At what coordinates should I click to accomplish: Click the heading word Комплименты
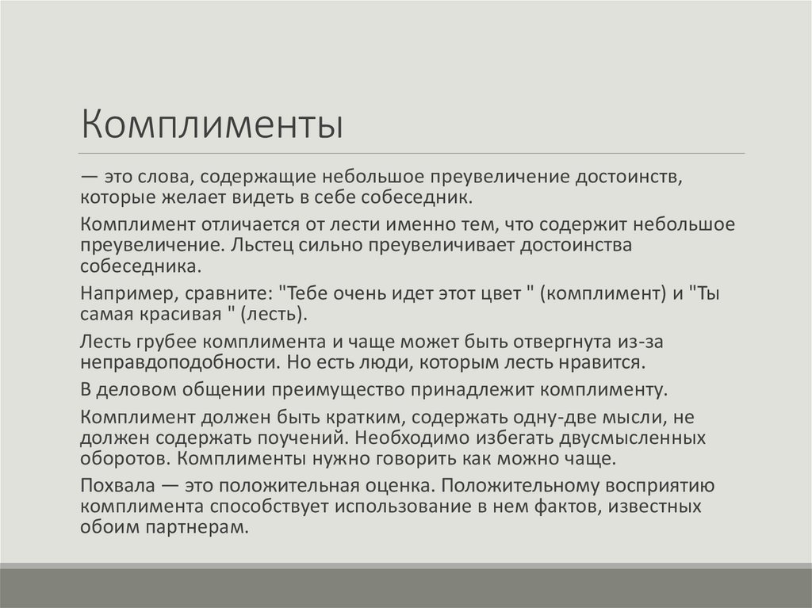[212, 124]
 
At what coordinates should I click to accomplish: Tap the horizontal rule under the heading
[412, 153]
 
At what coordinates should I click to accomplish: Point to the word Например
[117, 293]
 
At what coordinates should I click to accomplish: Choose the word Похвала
[119, 487]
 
